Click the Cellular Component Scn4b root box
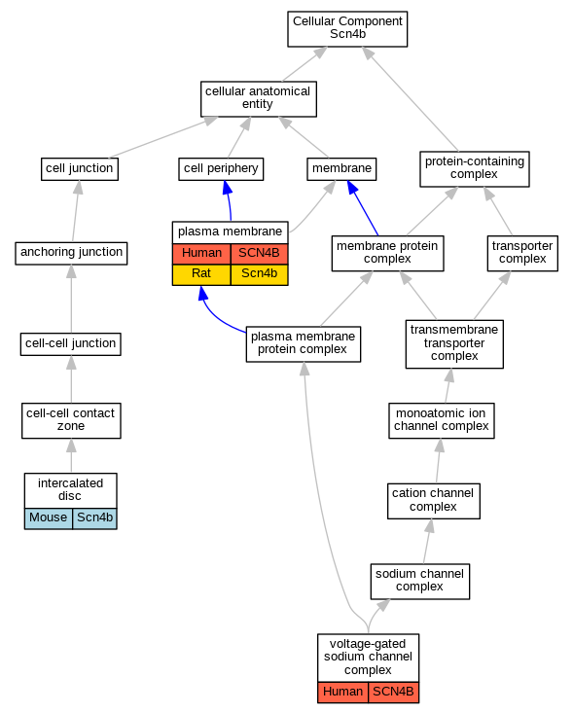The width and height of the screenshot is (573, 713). tap(347, 29)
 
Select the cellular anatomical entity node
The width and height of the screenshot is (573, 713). tap(259, 99)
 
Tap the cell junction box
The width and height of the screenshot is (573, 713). tap(80, 169)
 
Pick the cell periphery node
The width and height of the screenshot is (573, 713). tap(221, 169)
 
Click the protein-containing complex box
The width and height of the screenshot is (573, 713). tap(475, 169)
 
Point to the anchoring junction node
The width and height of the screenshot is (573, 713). tap(71, 253)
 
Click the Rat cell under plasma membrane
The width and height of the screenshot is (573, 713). tap(201, 274)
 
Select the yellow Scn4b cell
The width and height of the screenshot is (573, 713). tap(259, 274)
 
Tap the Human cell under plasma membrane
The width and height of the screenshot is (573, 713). tap(201, 254)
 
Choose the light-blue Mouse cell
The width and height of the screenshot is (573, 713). tap(49, 518)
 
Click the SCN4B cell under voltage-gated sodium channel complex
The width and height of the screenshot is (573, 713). tap(393, 693)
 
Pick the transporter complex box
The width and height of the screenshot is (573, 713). tap(522, 253)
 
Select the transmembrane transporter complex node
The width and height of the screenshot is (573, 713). tap(454, 343)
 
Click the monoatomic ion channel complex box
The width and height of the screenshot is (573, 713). tap(441, 420)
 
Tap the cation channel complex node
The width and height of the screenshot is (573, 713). tap(433, 501)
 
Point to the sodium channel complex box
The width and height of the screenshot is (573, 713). tap(419, 582)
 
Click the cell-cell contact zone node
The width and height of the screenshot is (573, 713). tap(71, 420)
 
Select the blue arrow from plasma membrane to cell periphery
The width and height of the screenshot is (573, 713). tap(229, 200)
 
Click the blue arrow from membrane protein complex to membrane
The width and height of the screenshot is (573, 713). tap(363, 207)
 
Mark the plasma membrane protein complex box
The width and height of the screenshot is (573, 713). tap(304, 344)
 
